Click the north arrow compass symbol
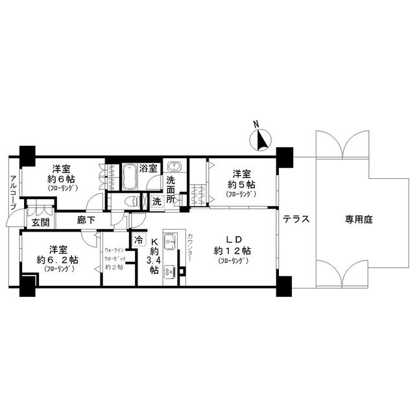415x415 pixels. (261, 140)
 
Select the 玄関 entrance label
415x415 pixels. (40, 222)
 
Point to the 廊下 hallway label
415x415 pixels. (86, 220)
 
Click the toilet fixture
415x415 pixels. (133, 202)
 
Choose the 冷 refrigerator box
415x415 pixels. (139, 241)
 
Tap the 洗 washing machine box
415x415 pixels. (157, 202)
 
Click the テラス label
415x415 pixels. (296, 219)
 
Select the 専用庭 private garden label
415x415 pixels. (359, 219)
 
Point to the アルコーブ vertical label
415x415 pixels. (13, 193)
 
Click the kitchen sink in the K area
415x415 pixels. (170, 241)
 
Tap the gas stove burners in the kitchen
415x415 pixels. (170, 272)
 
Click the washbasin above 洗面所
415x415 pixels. (174, 166)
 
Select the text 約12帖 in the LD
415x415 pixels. (232, 251)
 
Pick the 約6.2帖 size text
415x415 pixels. (58, 260)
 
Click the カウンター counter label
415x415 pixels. (190, 248)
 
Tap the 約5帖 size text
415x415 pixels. (241, 184)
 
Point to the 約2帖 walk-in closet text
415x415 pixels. (114, 267)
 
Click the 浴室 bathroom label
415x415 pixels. (148, 169)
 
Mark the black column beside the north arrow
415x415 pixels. (285, 158)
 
